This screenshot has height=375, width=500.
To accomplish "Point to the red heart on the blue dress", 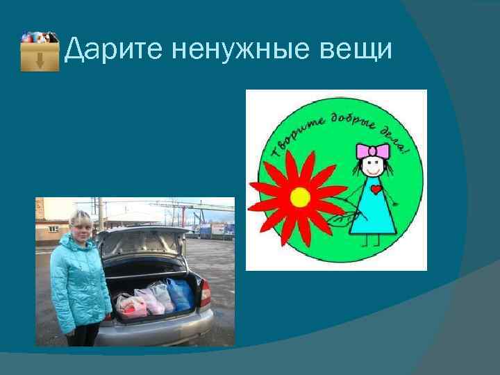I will pyautogui.click(x=376, y=188).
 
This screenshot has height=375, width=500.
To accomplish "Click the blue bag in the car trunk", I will pyautogui.click(x=181, y=295).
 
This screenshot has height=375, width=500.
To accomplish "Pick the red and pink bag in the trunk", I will pyautogui.click(x=130, y=304).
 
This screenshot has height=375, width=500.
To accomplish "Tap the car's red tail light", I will pyautogui.click(x=206, y=293).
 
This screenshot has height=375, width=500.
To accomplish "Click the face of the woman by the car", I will pyautogui.click(x=79, y=225).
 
